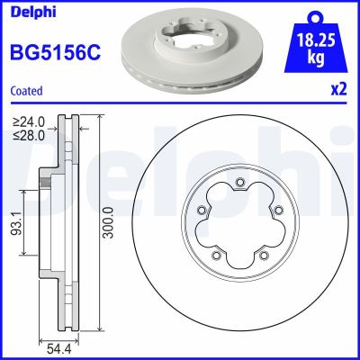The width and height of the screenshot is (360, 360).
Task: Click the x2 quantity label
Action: (x=339, y=90)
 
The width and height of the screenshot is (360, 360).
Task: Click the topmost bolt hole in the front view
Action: (x=240, y=186)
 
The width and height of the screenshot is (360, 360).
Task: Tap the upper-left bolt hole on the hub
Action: (x=203, y=212)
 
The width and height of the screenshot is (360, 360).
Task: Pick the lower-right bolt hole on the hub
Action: (x=264, y=256)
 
